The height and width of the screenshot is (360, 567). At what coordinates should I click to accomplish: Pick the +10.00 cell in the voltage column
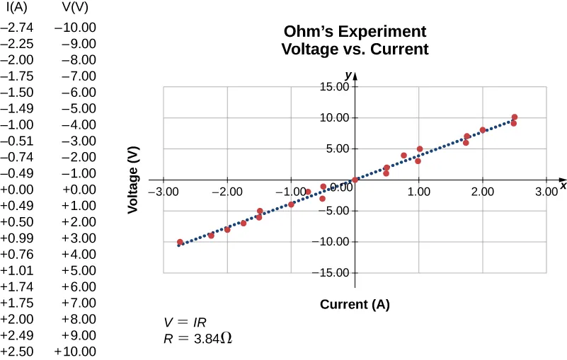(x=75, y=352)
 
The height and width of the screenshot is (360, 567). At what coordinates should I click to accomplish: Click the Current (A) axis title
(x=355, y=305)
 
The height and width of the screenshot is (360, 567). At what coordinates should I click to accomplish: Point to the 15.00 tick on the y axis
(x=334, y=87)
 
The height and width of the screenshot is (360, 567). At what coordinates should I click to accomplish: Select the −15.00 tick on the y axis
(x=333, y=273)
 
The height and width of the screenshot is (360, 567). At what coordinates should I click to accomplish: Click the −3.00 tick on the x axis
(x=164, y=192)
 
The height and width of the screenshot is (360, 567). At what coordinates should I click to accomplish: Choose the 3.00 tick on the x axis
(x=546, y=192)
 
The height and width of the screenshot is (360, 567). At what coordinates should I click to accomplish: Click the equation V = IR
(x=185, y=322)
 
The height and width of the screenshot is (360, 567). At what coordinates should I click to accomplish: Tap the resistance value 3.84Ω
(x=212, y=338)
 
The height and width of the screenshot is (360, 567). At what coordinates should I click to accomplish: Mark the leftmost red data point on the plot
(x=180, y=242)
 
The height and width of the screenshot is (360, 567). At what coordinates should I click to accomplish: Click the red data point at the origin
(x=355, y=180)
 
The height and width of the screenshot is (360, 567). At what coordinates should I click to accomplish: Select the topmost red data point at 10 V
(x=514, y=117)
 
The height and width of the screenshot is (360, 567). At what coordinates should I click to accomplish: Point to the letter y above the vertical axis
(x=348, y=74)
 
